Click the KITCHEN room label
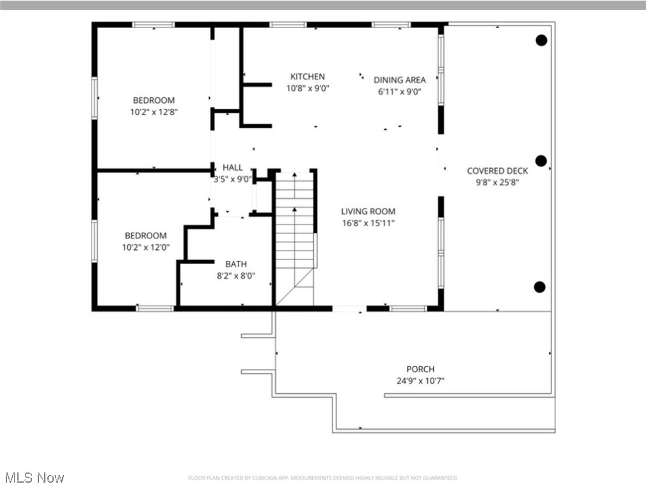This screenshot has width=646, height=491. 308,77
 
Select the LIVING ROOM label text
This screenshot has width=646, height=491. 368,212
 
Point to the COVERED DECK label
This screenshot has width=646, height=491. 497,171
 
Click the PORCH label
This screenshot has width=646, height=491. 420,370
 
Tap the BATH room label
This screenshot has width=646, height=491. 235,264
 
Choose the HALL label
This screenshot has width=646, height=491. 232,168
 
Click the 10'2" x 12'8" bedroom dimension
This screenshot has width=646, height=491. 154,112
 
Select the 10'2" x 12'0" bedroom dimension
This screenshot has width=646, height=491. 146,247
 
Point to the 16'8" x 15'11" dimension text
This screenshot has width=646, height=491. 368,223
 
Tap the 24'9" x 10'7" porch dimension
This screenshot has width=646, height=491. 420,381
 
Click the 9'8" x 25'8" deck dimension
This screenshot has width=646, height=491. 497,182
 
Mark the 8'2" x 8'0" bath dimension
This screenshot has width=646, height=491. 235,276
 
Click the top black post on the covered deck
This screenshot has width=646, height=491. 541,40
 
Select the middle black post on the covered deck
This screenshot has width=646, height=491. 541,160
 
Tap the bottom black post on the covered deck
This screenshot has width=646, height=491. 540,286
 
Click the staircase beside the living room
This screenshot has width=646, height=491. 295,237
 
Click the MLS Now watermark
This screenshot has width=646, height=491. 34,478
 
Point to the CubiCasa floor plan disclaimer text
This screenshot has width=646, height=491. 322,478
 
